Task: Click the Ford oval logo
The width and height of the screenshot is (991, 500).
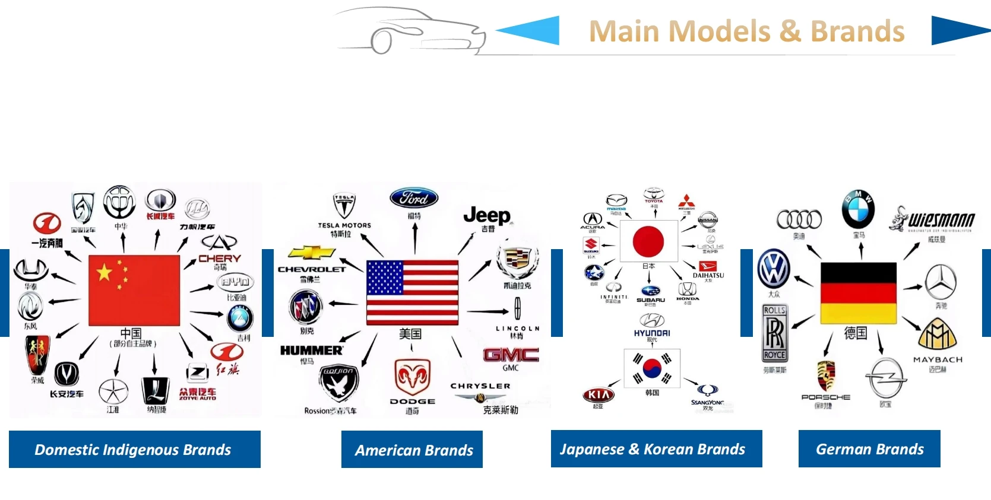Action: coord(414,198)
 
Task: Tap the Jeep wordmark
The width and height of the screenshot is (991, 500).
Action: coord(487,215)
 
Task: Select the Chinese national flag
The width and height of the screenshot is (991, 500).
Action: coord(134,291)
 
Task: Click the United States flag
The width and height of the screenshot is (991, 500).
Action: coord(412,292)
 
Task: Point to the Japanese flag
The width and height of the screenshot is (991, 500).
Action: coord(648,241)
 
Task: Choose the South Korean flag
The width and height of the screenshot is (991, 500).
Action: coord(652,368)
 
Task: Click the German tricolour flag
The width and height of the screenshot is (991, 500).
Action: coord(858,293)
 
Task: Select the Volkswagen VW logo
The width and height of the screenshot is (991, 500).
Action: coord(774,269)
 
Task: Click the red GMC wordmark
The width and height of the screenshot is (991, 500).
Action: coord(511,355)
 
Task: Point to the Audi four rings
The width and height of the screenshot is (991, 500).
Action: coord(799,219)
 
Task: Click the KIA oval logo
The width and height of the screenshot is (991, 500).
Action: coord(599,394)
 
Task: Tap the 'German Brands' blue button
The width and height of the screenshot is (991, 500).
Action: coord(869,449)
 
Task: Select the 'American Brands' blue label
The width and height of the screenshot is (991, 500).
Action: coord(412,450)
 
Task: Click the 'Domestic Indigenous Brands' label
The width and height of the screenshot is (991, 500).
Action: coord(135,450)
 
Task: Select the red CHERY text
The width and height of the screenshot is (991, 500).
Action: coord(220,259)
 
